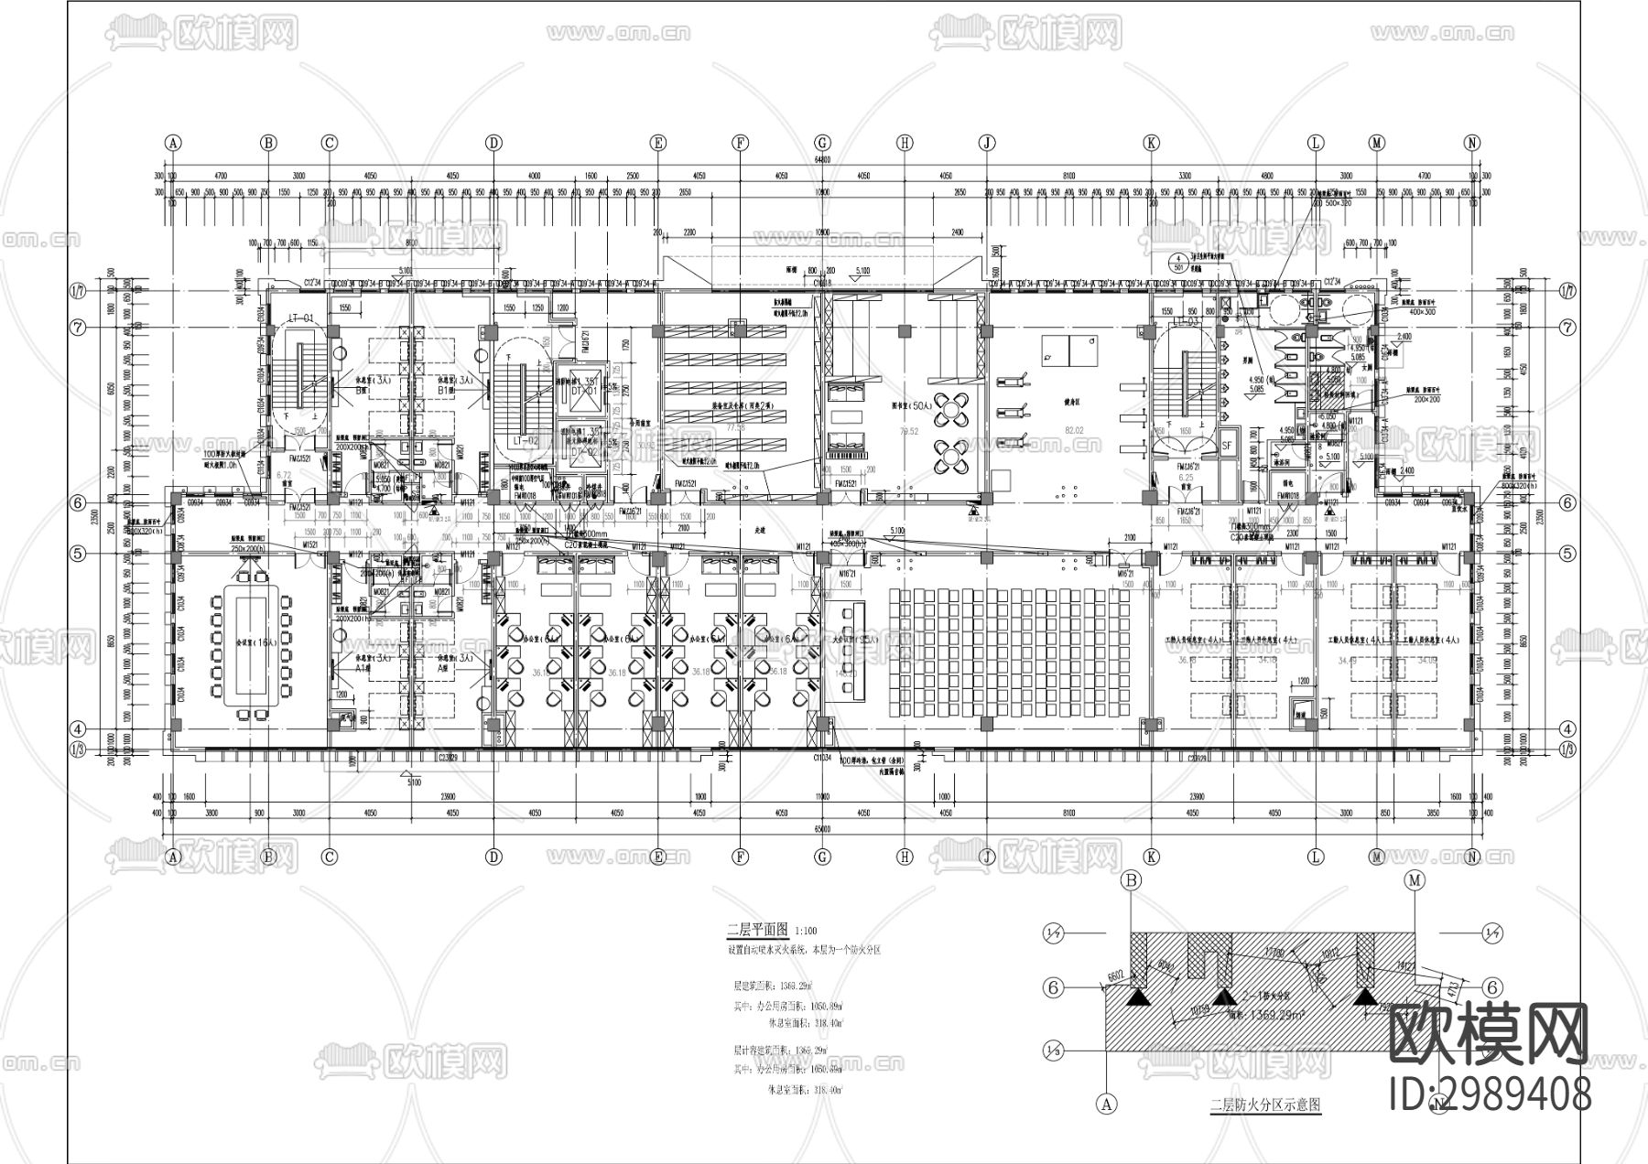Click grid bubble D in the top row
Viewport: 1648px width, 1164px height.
pyautogui.click(x=493, y=143)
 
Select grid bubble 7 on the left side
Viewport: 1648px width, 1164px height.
pyautogui.click(x=80, y=327)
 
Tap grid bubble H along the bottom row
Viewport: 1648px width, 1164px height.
pyautogui.click(x=905, y=857)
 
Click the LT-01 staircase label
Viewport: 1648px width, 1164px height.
pyautogui.click(x=301, y=318)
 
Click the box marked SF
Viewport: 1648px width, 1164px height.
pyautogui.click(x=1228, y=445)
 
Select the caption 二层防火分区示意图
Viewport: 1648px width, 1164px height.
pyautogui.click(x=1264, y=1105)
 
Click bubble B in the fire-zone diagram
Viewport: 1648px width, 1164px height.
pyautogui.click(x=1133, y=881)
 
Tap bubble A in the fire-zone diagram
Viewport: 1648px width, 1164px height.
pyautogui.click(x=1108, y=1105)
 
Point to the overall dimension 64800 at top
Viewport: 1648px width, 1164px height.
pyautogui.click(x=821, y=160)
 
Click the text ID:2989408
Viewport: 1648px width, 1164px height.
pyautogui.click(x=1489, y=1094)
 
